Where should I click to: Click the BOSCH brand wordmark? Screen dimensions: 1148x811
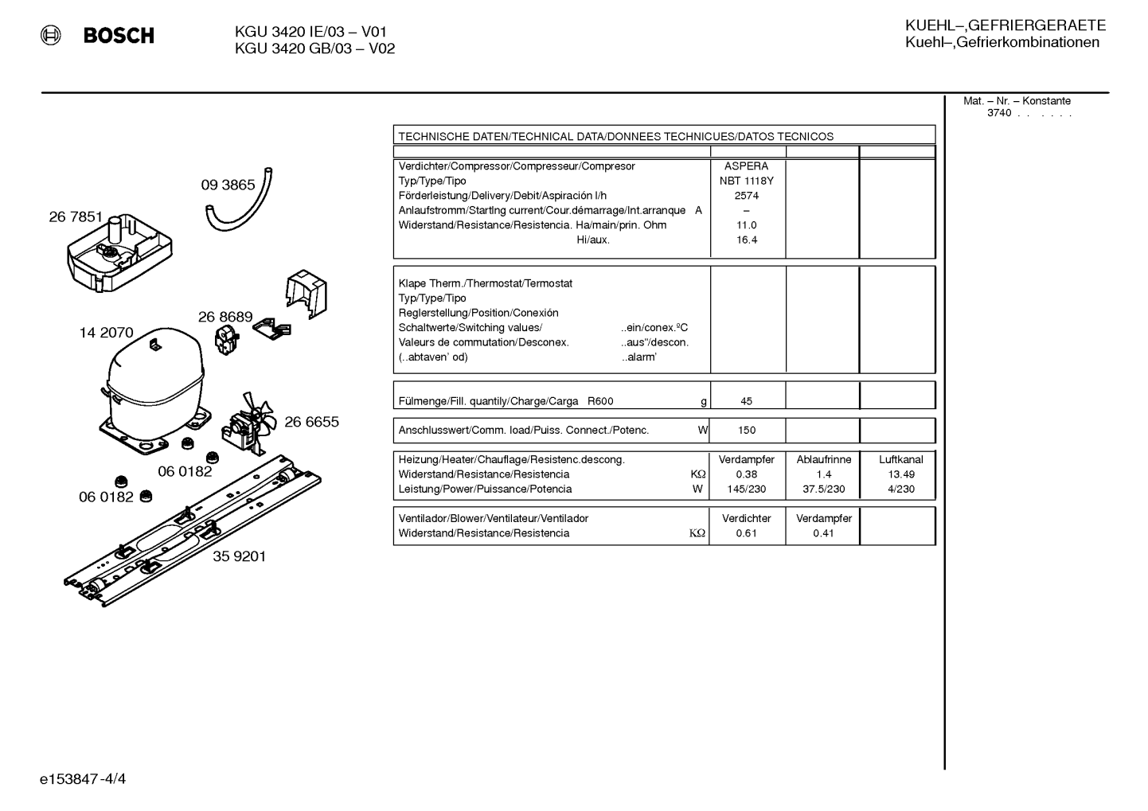tap(119, 35)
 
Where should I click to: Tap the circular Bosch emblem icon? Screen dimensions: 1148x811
tap(51, 35)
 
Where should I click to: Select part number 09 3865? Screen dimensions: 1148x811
tap(228, 185)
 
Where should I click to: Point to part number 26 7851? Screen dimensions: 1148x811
tap(76, 217)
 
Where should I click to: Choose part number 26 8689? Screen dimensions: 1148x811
tap(225, 317)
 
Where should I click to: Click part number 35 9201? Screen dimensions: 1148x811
tap(240, 556)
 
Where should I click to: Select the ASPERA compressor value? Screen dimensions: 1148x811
tap(746, 166)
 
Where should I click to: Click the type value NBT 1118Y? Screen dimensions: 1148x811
tap(746, 181)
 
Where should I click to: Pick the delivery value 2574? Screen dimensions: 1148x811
tap(746, 196)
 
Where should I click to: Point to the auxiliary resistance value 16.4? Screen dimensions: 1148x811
tap(746, 240)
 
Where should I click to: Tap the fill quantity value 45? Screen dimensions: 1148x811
tap(746, 401)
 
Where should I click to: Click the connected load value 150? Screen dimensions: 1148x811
tap(747, 431)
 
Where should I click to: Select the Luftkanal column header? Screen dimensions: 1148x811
tap(901, 460)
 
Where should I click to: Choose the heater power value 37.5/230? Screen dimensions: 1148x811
tap(824, 489)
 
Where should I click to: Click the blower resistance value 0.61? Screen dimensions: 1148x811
tap(746, 533)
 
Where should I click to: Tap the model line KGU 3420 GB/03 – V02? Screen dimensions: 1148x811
tap(314, 49)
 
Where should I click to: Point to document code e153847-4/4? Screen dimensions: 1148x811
tap(83, 779)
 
